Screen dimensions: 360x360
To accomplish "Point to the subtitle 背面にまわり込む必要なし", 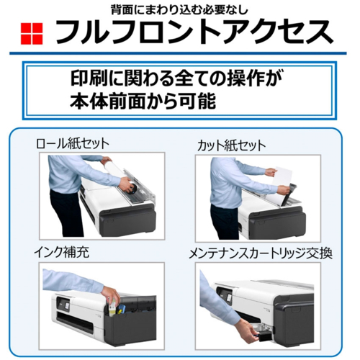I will point(179,9).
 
